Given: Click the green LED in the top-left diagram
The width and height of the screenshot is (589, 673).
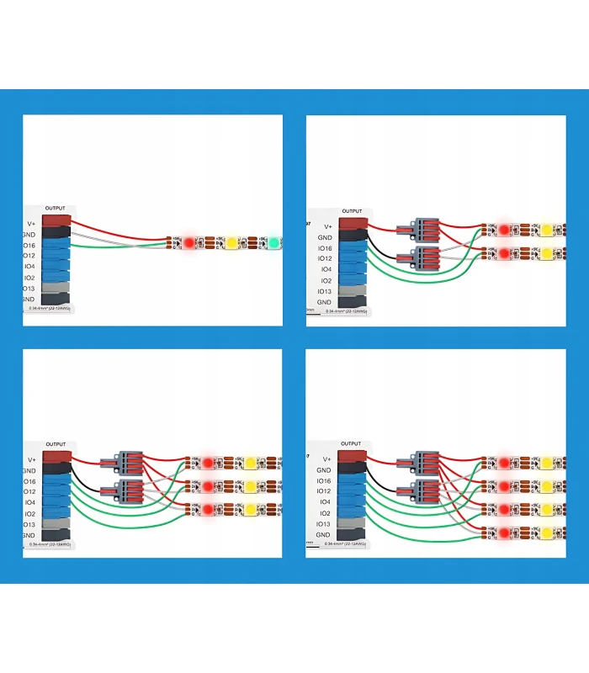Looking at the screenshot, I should coord(273,243).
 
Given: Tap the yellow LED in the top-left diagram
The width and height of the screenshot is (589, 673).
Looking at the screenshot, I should coord(231,243).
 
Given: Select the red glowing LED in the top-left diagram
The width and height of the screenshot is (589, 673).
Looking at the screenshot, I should coord(189,242).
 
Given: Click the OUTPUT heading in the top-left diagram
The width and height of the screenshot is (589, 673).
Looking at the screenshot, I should coord(56,208).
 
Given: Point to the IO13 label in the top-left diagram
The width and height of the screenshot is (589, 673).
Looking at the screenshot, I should coord(29,288).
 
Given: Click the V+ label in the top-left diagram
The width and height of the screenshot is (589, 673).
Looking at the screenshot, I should coord(30,224).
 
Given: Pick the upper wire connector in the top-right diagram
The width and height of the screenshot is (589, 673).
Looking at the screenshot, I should coord(423,228).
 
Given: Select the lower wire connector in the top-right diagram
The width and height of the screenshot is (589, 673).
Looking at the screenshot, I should coord(423,257).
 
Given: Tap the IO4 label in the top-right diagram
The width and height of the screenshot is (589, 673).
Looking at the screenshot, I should coord(325,269).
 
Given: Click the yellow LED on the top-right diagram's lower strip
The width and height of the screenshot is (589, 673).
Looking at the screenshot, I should coord(545,252).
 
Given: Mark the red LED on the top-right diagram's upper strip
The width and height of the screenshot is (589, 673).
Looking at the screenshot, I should coord(504,229).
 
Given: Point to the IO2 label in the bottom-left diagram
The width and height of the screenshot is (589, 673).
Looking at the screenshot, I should coord(29,513).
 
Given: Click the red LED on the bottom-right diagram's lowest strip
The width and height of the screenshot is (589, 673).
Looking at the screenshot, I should coord(503,532).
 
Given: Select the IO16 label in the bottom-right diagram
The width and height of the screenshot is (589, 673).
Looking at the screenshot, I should coord(323,480).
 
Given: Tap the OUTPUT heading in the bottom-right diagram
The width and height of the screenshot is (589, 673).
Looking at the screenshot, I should coord(352,443).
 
